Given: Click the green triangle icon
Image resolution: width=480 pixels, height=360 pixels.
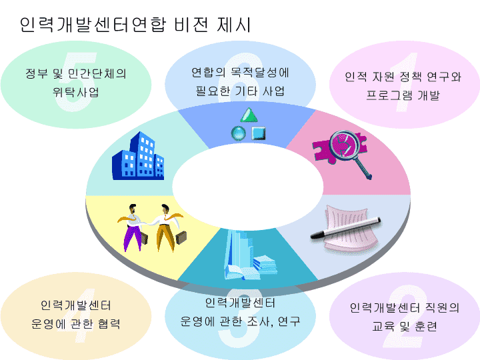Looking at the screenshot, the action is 249,115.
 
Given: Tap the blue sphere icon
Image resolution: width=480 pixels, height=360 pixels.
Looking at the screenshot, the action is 239,133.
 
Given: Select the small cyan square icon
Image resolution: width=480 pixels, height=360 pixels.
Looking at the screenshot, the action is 259,133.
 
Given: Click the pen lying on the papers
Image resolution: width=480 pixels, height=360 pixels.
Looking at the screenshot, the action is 345,228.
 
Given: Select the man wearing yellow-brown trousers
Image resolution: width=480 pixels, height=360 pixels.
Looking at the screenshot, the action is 170,227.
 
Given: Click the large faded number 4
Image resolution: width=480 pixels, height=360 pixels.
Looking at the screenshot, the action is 77,315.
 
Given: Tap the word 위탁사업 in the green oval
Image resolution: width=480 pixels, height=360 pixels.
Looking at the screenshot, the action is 75,92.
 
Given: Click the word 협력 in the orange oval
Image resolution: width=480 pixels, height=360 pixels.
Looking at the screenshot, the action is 109,323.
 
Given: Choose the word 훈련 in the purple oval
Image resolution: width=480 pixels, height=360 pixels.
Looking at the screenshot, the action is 426,326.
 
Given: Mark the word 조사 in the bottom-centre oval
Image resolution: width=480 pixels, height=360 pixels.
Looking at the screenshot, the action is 259,321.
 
